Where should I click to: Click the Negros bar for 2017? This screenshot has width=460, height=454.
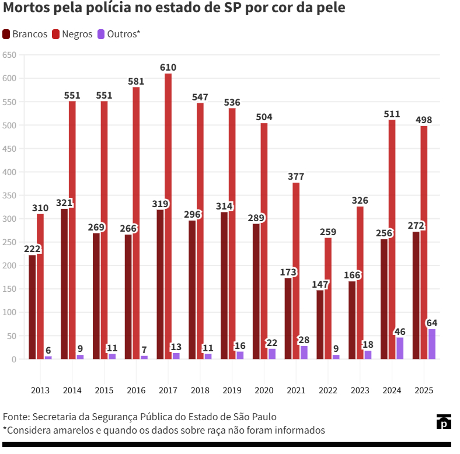pos(168,216)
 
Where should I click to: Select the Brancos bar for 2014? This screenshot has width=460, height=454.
pos(64,284)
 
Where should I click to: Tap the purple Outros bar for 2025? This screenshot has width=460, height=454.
pos(432,344)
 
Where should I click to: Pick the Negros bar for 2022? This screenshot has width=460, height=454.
pos(328,298)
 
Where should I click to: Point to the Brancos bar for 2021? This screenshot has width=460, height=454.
pos(288,318)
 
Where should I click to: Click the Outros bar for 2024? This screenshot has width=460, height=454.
pos(400,348)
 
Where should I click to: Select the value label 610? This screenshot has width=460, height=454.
pos(168,68)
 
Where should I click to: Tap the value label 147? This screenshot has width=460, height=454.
pos(320,284)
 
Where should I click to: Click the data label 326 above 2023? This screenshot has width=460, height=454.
pos(360,201)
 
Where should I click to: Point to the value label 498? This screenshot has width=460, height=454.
pos(424,120)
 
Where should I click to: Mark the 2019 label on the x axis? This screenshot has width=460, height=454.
pos(232,390)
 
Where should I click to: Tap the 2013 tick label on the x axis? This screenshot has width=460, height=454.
pos(40,390)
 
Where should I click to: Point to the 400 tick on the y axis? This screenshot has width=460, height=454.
pos(9,172)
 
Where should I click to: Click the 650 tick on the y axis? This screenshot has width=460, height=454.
pos(9,55)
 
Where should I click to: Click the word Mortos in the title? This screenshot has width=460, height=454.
pos(24,9)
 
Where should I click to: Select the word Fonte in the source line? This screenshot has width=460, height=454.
pos(15,417)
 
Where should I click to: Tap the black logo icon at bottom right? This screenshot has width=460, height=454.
pos(444,421)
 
